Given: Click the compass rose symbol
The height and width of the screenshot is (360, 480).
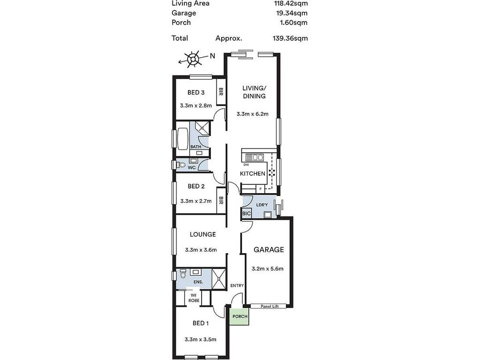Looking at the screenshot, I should point(192,60).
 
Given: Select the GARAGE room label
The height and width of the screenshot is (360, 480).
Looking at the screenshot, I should point(269,250).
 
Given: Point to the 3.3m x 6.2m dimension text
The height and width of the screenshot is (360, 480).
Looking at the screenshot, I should point(252,114).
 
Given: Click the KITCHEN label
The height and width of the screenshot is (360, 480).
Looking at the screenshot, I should point(253,173).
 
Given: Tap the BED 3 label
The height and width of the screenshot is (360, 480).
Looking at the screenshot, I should point(195,92).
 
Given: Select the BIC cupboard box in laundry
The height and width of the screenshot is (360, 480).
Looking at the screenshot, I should point(247,214).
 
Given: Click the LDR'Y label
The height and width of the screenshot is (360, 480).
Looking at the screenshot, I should point(261,204).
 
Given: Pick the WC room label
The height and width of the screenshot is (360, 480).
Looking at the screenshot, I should point(192,167).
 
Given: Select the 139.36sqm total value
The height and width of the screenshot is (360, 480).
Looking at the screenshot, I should point(290,38).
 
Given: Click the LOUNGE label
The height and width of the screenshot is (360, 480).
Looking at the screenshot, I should point(202,234).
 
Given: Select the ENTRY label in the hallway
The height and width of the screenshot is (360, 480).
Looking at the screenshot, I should point(237,285).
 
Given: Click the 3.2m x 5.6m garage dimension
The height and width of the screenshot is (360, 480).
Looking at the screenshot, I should point(268,269).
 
